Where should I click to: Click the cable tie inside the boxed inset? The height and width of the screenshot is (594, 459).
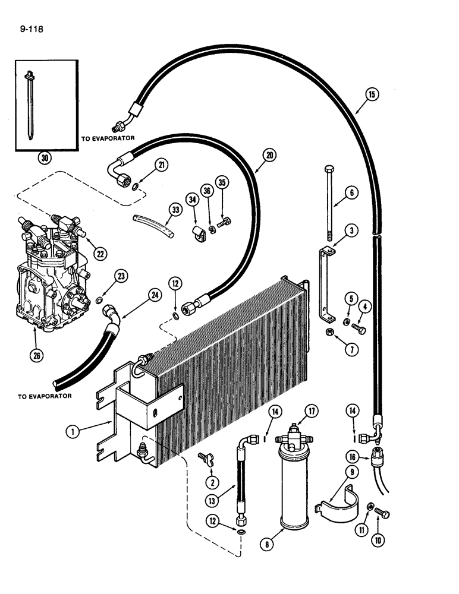[x=30, y=107]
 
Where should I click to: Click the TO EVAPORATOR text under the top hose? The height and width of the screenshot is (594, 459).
[x=108, y=137]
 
